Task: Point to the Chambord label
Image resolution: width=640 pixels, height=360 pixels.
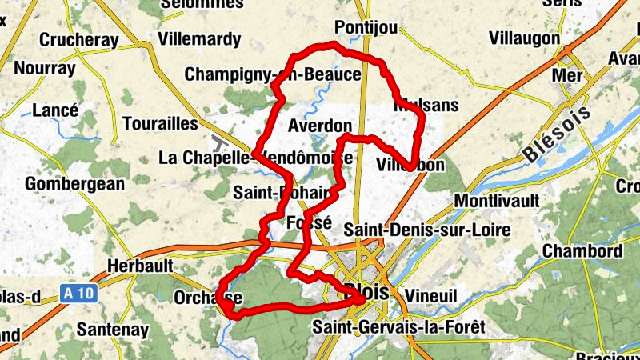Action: coord(582,251)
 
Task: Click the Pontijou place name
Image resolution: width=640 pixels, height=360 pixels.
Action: coord(366,27)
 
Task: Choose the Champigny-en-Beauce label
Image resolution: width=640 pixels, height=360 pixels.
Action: coord(273,74)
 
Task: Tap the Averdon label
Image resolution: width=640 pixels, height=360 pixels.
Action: coord(319,126)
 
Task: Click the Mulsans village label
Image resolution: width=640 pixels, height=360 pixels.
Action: coord(426,106)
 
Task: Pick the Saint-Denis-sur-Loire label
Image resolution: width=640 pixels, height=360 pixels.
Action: coord(426,230)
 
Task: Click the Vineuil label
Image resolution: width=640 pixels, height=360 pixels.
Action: coord(430,294)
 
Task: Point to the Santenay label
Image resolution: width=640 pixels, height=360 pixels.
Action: coord(114,328)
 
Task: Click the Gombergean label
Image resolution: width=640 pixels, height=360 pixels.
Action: coord(75,184)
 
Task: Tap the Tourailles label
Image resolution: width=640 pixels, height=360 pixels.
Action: coord(160,124)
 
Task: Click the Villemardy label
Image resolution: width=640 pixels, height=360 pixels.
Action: coord(199,38)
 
